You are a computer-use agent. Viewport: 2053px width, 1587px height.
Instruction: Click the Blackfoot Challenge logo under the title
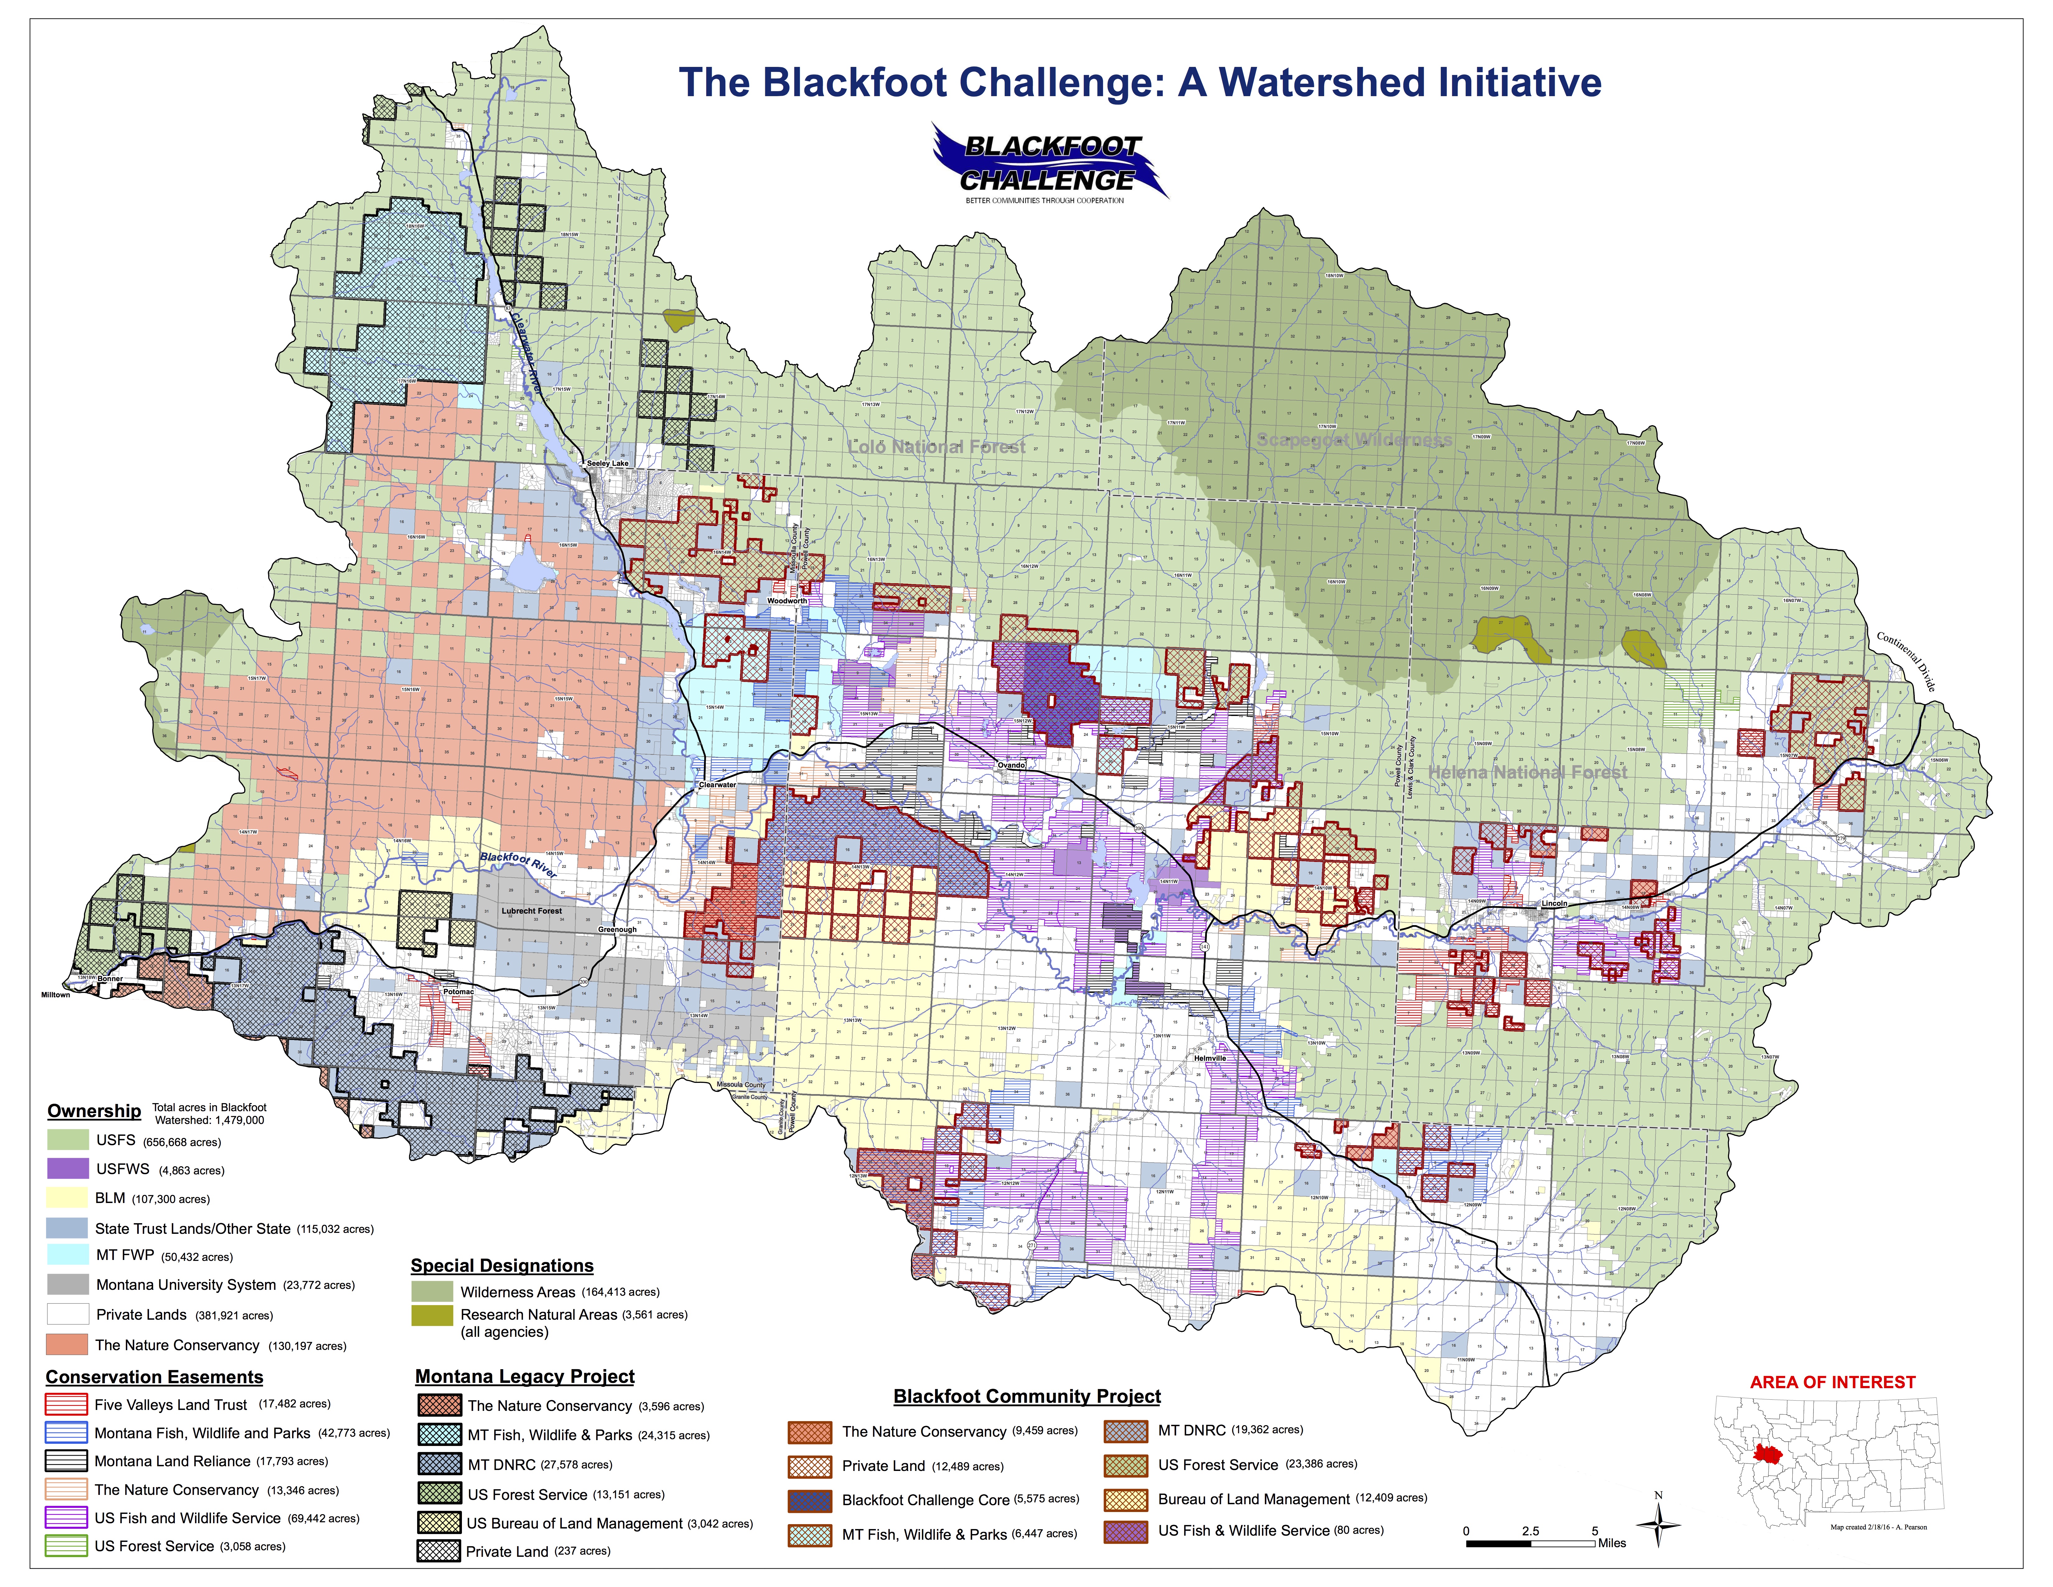click(1048, 165)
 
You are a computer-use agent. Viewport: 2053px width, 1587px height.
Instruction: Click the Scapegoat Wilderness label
click(1354, 440)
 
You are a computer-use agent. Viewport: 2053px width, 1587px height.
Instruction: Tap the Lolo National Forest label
click(936, 447)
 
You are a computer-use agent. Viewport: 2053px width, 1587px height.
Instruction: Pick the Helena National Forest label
click(1528, 772)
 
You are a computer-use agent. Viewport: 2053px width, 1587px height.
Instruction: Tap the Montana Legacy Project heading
click(524, 1376)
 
